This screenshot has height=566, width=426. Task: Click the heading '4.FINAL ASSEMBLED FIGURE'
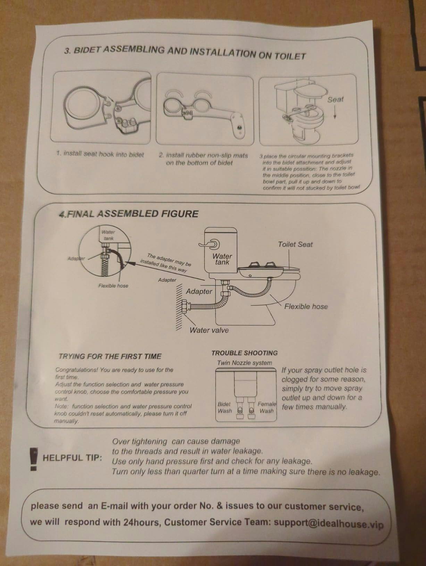[128, 214]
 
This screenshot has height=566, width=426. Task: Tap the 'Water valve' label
[209, 330]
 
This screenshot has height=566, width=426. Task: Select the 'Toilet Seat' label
[295, 245]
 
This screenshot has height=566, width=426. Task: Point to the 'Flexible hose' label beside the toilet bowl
[306, 306]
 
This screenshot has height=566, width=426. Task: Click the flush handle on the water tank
[210, 244]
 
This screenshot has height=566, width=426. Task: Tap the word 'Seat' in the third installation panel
[335, 99]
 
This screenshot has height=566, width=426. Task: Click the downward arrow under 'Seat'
[335, 112]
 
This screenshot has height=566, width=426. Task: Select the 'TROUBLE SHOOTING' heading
[244, 353]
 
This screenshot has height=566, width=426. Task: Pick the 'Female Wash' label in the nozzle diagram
[267, 408]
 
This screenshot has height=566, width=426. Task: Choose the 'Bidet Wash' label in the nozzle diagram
[224, 408]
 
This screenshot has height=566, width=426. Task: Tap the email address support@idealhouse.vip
[329, 524]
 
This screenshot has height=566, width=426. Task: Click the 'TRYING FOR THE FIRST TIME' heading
[110, 356]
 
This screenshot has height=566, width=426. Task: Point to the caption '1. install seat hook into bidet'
[100, 154]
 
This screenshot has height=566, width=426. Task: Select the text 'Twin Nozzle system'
[244, 363]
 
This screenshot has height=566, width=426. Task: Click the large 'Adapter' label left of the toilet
[199, 292]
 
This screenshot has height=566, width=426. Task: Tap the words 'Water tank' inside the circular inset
[108, 235]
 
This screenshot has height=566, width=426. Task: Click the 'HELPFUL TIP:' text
[72, 458]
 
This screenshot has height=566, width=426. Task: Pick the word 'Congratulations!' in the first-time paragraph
[77, 370]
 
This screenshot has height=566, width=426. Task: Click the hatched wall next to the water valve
[179, 307]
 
